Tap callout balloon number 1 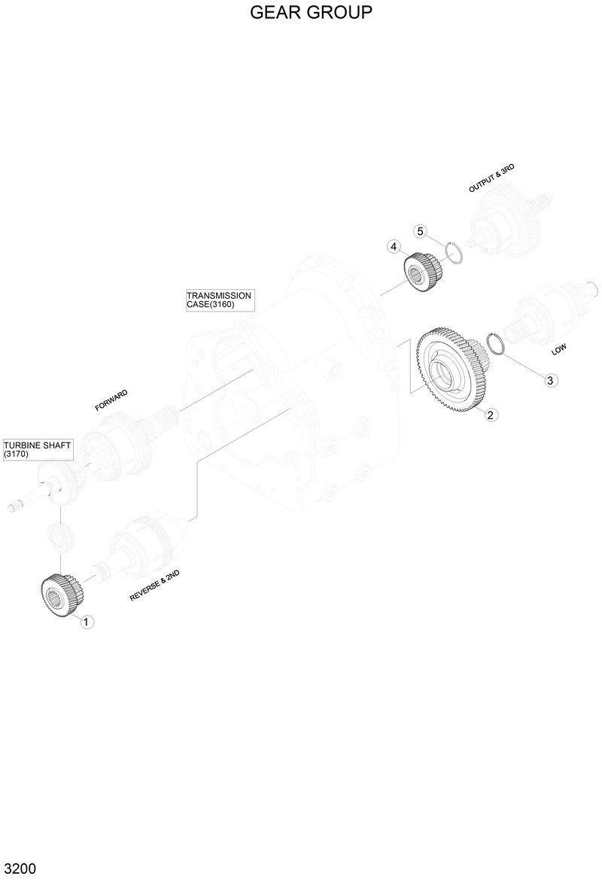tap(87, 622)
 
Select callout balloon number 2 tap(490, 414)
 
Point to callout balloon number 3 tap(550, 380)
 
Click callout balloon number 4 tap(393, 246)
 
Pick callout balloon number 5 tap(421, 230)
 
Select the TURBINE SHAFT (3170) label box tap(38, 450)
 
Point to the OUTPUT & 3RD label tap(491, 178)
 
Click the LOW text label tap(559, 349)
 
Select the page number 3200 tap(19, 868)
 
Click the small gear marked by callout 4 tap(421, 271)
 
